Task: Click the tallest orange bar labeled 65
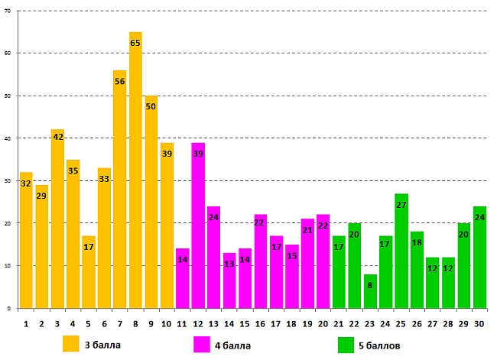(x=135, y=176)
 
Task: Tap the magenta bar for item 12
(x=198, y=229)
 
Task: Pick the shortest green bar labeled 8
(x=370, y=294)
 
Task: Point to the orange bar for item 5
(x=89, y=275)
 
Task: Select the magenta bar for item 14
(x=229, y=283)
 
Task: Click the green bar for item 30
(x=479, y=260)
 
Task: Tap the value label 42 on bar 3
(x=57, y=137)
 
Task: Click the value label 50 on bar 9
(x=151, y=106)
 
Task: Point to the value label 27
(x=401, y=205)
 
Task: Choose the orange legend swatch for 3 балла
(x=71, y=344)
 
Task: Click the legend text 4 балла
(x=234, y=345)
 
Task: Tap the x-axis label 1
(x=26, y=324)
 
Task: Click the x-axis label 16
(x=260, y=324)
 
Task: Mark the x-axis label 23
(x=370, y=324)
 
